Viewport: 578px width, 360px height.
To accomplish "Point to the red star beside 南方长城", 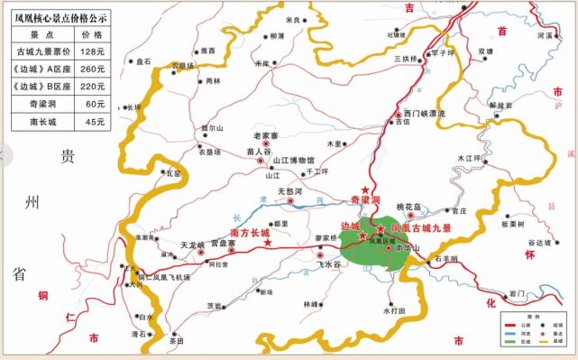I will pos(269,242).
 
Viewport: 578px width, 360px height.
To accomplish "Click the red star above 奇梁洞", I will pos(365,186).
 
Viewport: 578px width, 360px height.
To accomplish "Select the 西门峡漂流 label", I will pos(426,115).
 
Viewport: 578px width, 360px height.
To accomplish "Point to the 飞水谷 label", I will pos(331,265).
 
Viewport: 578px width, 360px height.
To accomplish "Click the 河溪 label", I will pos(544,35).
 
